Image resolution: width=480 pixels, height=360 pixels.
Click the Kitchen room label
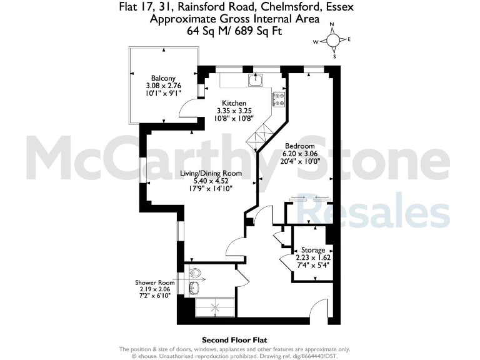(235, 103)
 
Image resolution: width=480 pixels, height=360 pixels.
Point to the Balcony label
(153, 78)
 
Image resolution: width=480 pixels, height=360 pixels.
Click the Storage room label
(312, 250)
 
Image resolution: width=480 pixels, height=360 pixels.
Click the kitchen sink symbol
(254, 79)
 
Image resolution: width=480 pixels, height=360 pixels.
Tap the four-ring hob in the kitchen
(279, 99)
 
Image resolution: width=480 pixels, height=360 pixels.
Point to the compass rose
(333, 41)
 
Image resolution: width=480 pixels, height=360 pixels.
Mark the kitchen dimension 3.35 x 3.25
(235, 111)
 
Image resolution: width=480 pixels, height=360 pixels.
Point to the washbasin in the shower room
(194, 287)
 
